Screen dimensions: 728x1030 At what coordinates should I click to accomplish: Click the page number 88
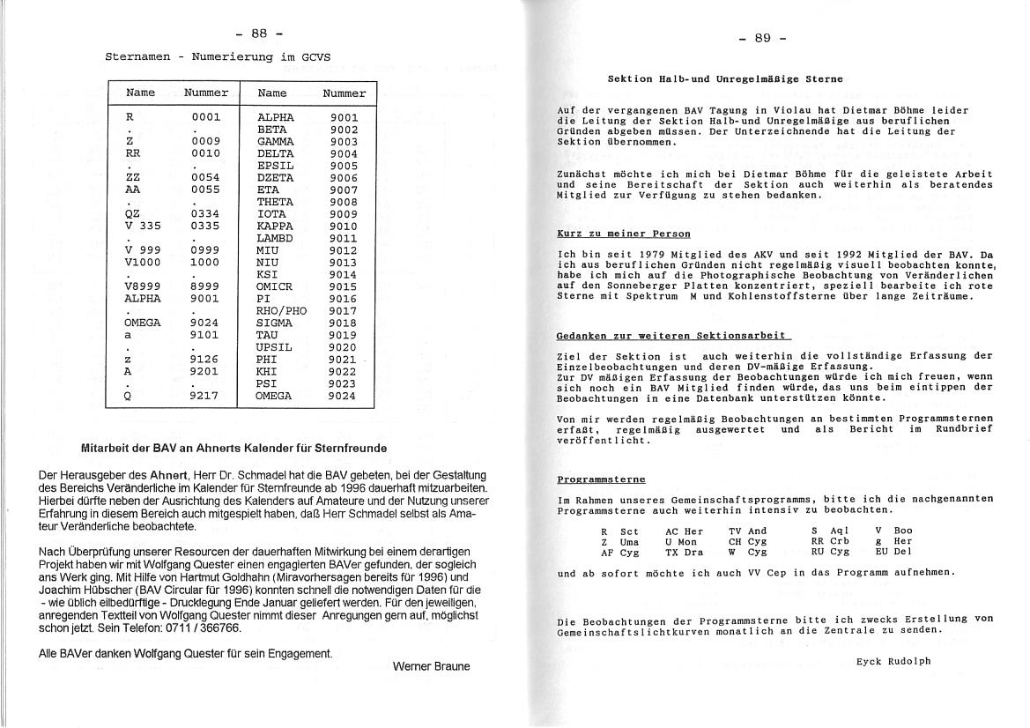(x=259, y=33)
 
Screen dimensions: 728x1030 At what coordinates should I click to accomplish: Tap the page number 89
(x=762, y=38)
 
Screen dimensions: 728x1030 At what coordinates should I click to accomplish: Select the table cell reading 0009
(x=205, y=140)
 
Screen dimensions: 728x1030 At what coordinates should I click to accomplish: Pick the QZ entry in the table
(x=134, y=213)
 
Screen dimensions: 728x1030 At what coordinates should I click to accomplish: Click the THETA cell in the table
(x=276, y=202)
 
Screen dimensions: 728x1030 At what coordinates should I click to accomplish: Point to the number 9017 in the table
(x=343, y=310)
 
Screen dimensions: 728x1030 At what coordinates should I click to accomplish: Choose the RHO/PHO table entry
(x=282, y=310)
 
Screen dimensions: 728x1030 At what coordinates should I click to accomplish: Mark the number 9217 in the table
(x=205, y=396)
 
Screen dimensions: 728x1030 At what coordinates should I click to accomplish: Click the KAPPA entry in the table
(x=276, y=226)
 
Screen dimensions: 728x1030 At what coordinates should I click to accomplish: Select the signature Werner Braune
(x=431, y=666)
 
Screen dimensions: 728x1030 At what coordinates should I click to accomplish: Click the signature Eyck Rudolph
(x=893, y=661)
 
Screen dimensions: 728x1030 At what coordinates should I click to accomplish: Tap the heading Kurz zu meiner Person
(x=624, y=234)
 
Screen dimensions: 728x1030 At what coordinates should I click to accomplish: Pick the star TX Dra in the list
(x=685, y=552)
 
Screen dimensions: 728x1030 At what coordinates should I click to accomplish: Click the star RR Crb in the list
(x=830, y=541)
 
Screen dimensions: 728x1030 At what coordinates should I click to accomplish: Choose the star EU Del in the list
(x=893, y=552)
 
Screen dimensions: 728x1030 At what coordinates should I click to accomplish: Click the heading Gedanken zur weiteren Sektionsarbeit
(x=673, y=336)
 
